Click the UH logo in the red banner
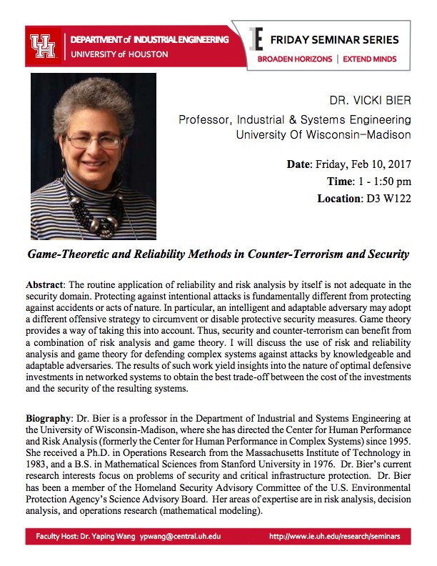click(44, 46)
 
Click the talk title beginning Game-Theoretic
click(218, 254)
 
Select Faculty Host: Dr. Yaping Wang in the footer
click(86, 555)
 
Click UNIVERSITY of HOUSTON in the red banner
click(119, 54)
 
